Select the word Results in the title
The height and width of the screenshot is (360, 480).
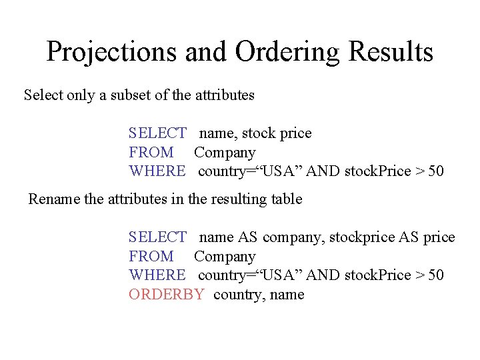point(395,51)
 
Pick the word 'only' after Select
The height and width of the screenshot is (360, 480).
point(81,95)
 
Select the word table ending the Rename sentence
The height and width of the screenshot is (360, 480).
point(285,199)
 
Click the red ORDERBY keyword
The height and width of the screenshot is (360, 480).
point(166,295)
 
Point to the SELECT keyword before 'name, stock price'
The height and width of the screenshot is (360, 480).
point(157,133)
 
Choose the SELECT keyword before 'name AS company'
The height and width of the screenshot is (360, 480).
point(157,237)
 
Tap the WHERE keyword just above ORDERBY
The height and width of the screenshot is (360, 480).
point(157,275)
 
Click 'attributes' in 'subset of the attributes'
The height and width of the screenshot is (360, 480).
point(225,95)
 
